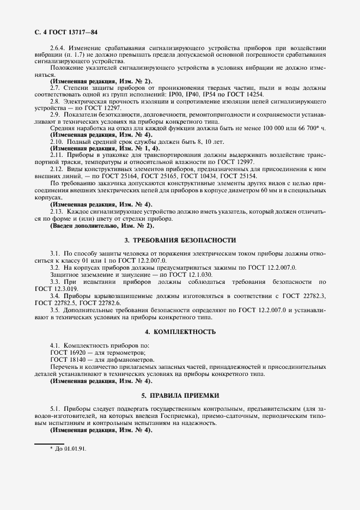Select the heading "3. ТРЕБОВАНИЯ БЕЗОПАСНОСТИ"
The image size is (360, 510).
(180, 240)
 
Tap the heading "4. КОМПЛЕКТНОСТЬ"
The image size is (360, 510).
(180, 331)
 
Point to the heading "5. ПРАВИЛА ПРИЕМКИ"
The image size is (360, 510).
(180, 394)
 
